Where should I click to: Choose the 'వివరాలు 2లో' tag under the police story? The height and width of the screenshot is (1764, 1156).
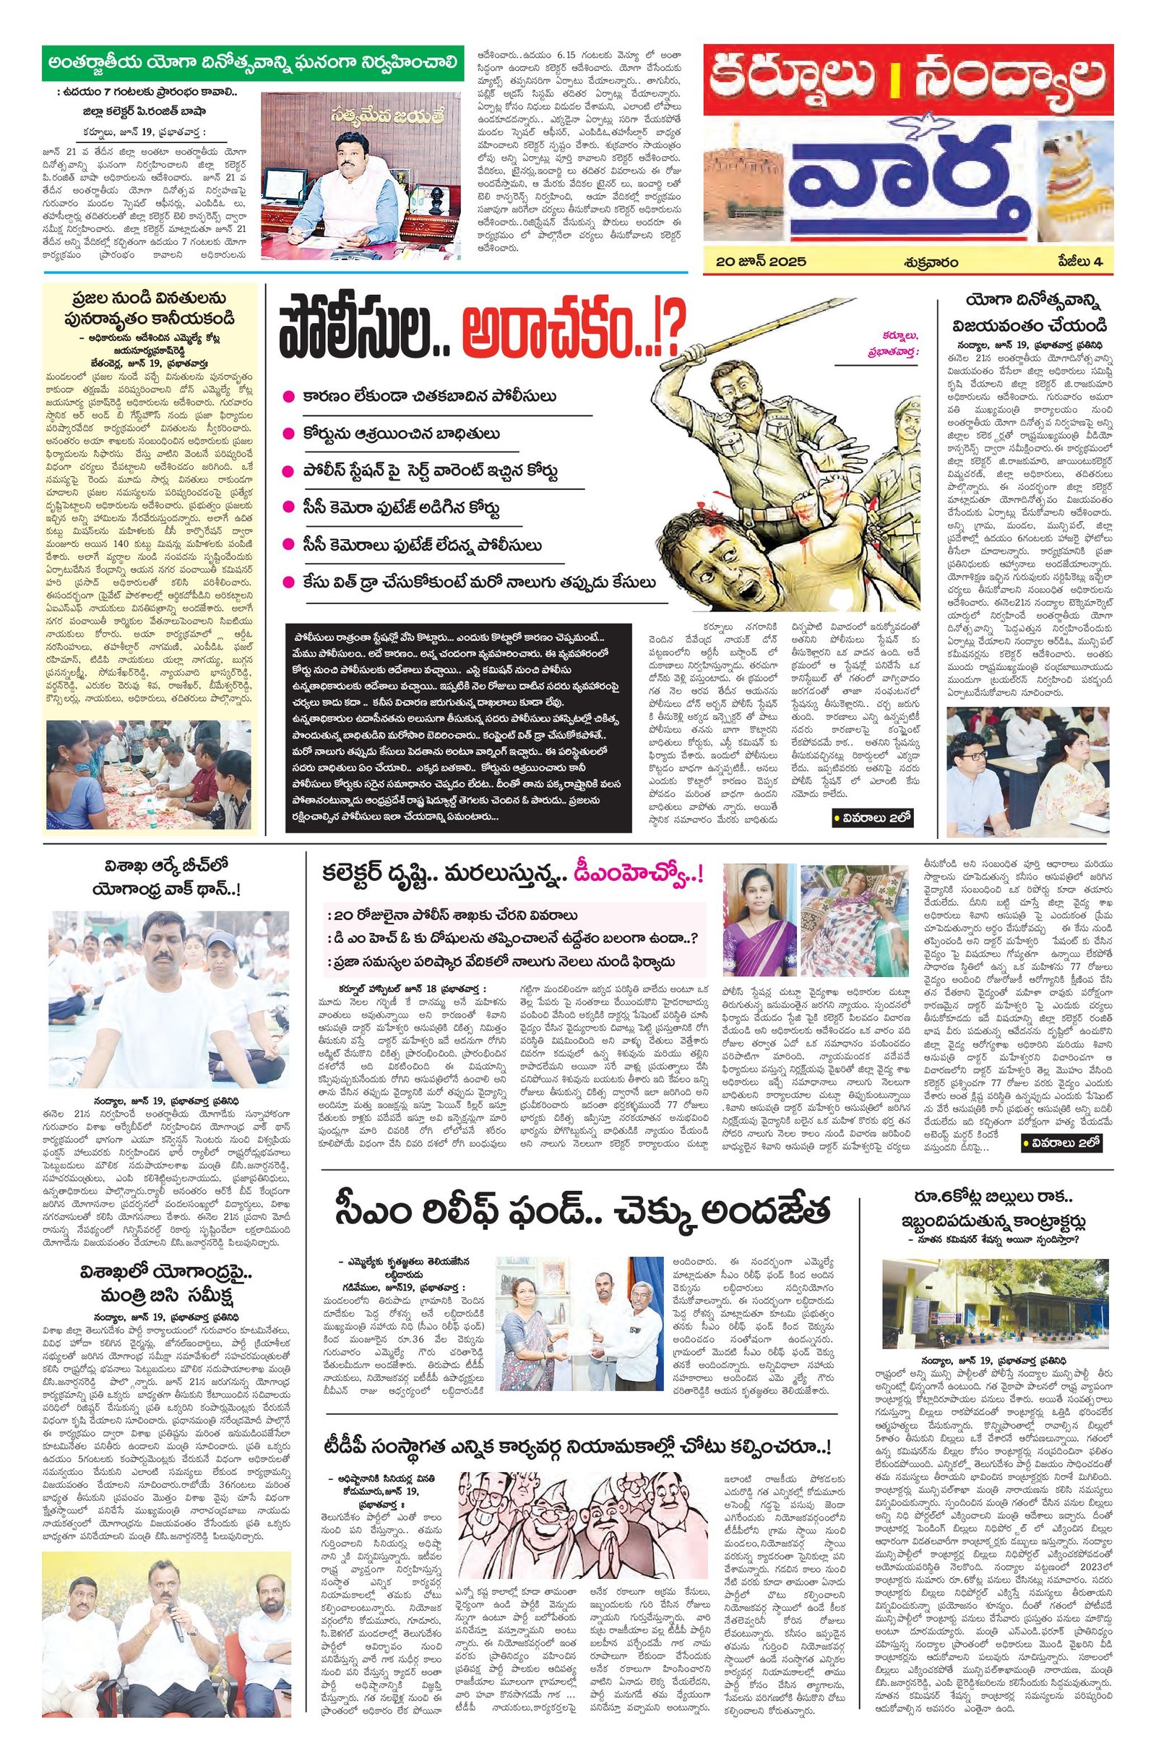[871, 818]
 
